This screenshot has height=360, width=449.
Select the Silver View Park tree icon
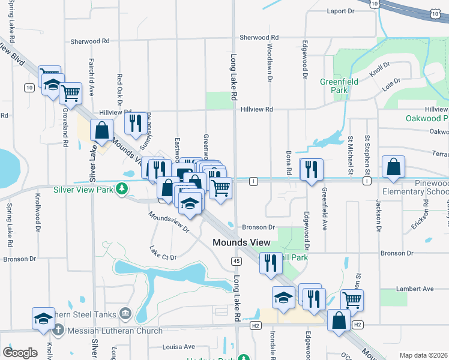(x=122, y=188)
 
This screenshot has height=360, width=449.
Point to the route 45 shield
(x=236, y=260)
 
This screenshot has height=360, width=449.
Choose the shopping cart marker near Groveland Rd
(x=71, y=94)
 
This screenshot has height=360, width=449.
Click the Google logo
(x=20, y=353)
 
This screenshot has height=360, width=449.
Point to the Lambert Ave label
(x=420, y=289)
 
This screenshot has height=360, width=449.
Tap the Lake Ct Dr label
(x=163, y=257)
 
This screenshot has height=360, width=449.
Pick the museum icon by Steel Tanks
(x=125, y=313)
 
